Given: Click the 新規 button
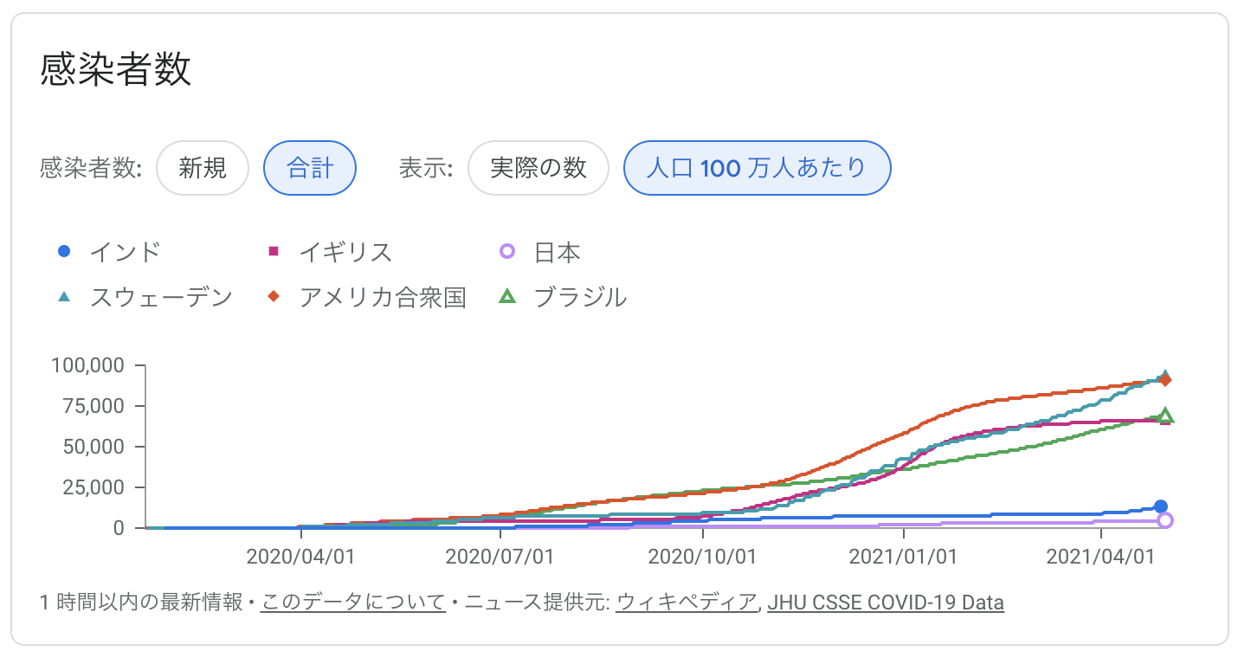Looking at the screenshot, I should pos(203,167).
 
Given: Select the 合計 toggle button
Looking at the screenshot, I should pos(310,167).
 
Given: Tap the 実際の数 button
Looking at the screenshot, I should pos(538,167).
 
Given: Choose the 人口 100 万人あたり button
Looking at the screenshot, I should pos(757,167).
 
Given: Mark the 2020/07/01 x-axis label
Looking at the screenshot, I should pos(500,556).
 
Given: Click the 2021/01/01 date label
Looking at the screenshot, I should pos(903,556).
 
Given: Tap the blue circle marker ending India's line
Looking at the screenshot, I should pos(1161,506).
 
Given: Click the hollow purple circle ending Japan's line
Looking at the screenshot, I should pos(1165,520).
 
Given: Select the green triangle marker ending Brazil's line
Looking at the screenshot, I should pos(1165,416).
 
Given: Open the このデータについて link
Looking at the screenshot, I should pos(353,603).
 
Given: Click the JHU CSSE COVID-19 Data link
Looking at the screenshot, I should pos(885,603).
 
